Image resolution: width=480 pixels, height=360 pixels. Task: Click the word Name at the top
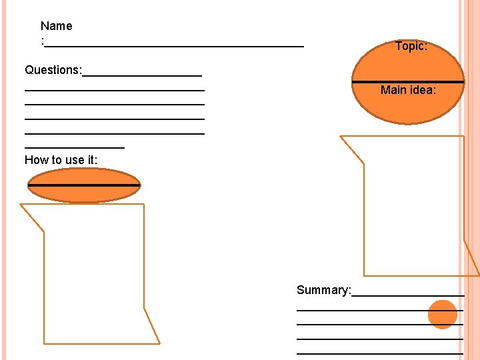pos(56,26)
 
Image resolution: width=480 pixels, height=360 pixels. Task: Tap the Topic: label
pos(411,46)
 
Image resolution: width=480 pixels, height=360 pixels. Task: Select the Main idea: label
pos(408,90)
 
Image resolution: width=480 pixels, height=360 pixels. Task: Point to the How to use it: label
pos(61,160)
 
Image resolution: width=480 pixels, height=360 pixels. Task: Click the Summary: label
pos(323,290)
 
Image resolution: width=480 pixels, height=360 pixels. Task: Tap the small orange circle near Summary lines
pos(442,315)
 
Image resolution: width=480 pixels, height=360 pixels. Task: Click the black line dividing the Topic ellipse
pos(408,81)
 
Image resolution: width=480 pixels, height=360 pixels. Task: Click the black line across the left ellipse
pos(83,184)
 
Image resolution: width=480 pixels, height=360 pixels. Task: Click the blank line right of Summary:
pos(407,295)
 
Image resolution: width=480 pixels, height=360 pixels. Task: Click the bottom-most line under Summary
pos(380,352)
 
